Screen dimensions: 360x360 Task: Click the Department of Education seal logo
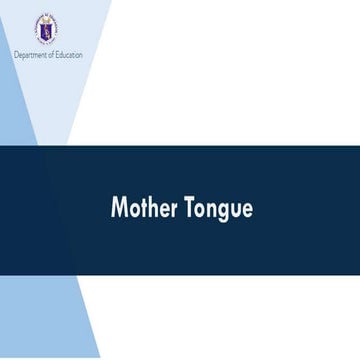(47, 29)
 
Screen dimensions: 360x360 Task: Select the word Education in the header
(68, 54)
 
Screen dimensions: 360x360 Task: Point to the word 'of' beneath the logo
(51, 54)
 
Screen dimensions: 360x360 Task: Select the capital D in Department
(16, 54)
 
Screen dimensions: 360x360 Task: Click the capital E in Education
(58, 54)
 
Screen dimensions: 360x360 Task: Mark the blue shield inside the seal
(47, 30)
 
